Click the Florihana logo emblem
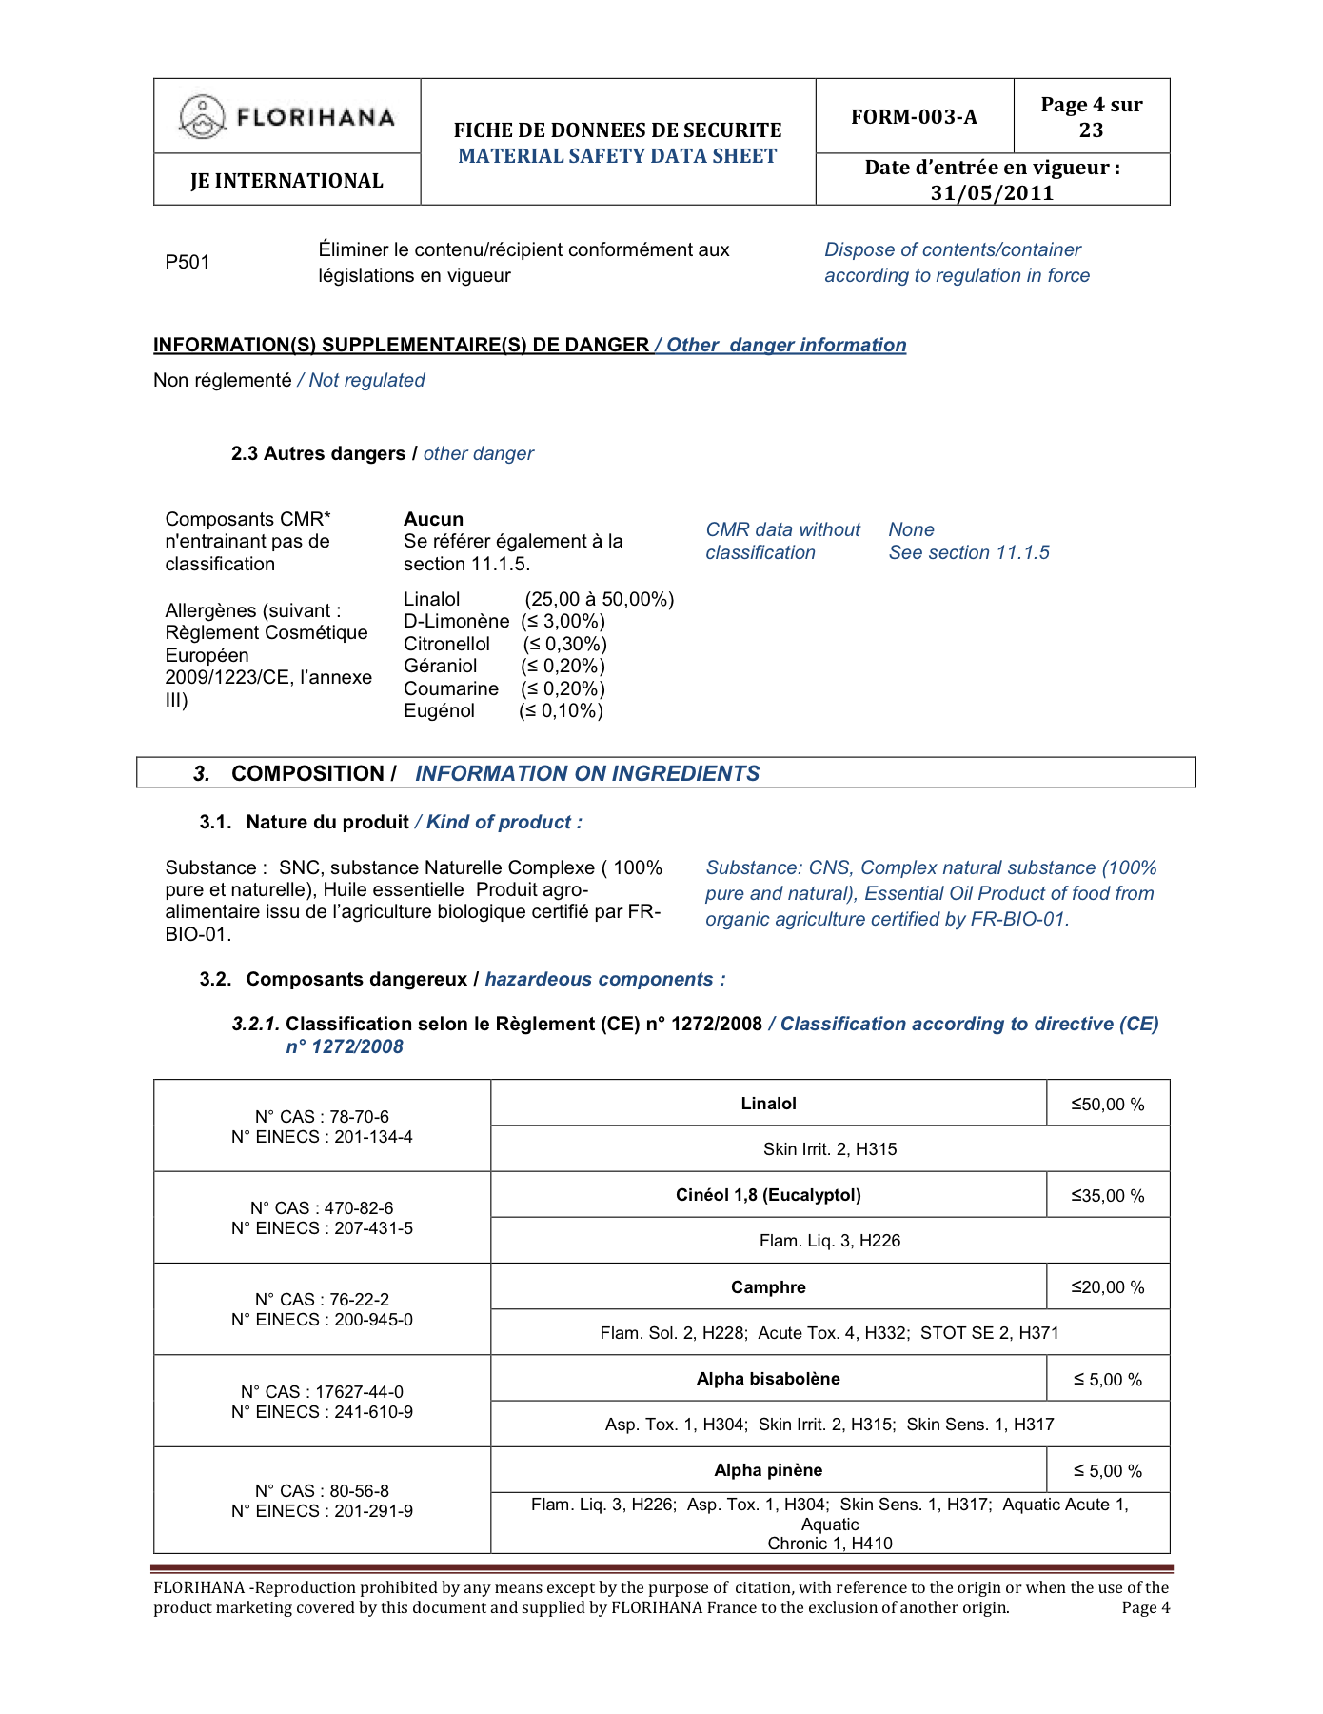[x=202, y=117]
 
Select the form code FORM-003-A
[x=914, y=117]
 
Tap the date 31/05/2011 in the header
[x=992, y=193]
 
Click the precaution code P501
[x=188, y=263]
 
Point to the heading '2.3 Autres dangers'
[x=318, y=454]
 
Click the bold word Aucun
[x=433, y=519]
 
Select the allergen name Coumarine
[x=450, y=688]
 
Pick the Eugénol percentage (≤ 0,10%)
[x=561, y=711]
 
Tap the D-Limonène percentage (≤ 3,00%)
[x=563, y=622]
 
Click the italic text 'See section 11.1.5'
[x=969, y=553]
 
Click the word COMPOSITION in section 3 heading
[x=306, y=774]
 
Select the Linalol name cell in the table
[x=768, y=1104]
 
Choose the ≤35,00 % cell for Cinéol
[x=1108, y=1196]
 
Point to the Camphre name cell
[x=768, y=1287]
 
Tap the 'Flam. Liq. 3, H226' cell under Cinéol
[x=830, y=1241]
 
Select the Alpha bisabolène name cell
[x=768, y=1379]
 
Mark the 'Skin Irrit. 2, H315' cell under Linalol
[x=830, y=1149]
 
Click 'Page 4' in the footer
[x=1145, y=1608]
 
